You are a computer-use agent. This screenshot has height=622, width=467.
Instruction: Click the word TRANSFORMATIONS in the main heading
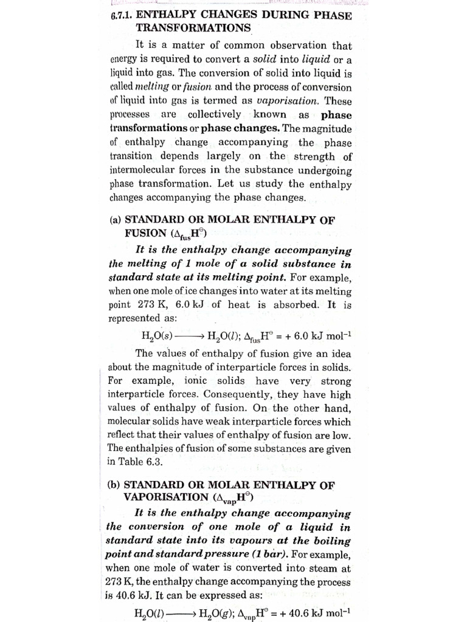click(193, 28)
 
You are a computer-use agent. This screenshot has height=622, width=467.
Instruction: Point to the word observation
click(301, 46)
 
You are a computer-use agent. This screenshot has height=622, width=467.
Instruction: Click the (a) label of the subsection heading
click(115, 220)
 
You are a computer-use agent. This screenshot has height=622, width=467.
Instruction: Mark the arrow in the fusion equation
click(190, 335)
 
